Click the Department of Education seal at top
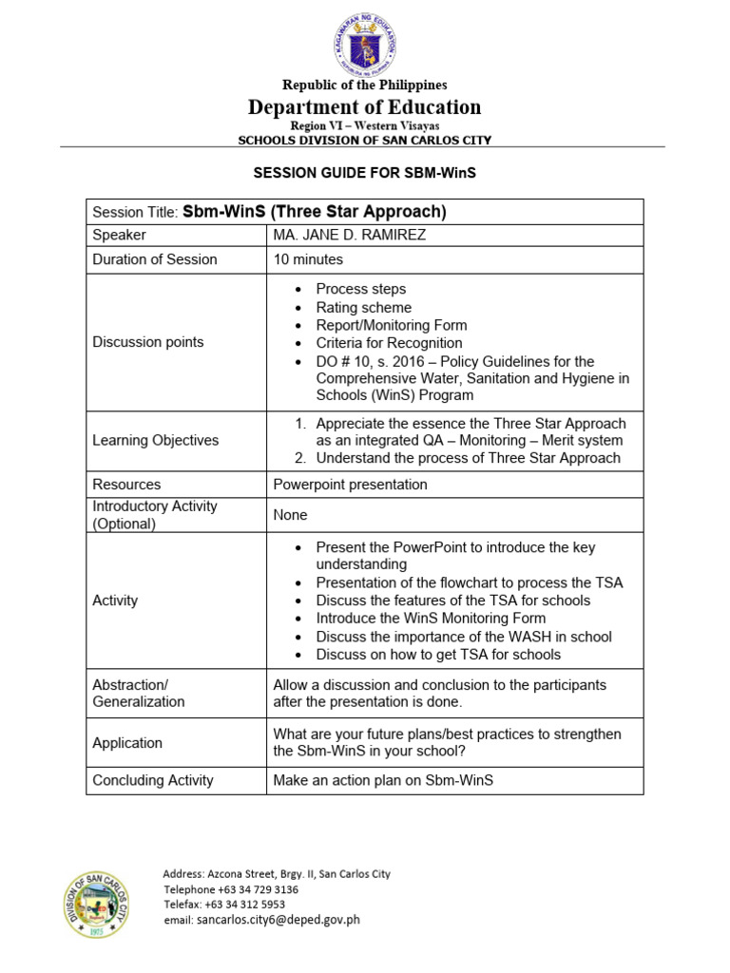(365, 45)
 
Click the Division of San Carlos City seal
(98, 904)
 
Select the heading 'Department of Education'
(365, 107)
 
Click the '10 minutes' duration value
(308, 259)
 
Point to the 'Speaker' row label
(119, 235)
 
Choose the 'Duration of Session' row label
(154, 259)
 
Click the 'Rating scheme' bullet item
(364, 308)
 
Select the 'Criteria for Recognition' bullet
(389, 343)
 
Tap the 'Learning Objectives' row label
(155, 440)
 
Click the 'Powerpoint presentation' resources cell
(351, 485)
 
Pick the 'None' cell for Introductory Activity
(290, 514)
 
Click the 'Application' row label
(127, 743)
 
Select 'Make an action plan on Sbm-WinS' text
(384, 780)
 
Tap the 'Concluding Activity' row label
(153, 780)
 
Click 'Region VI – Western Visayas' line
(365, 125)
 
